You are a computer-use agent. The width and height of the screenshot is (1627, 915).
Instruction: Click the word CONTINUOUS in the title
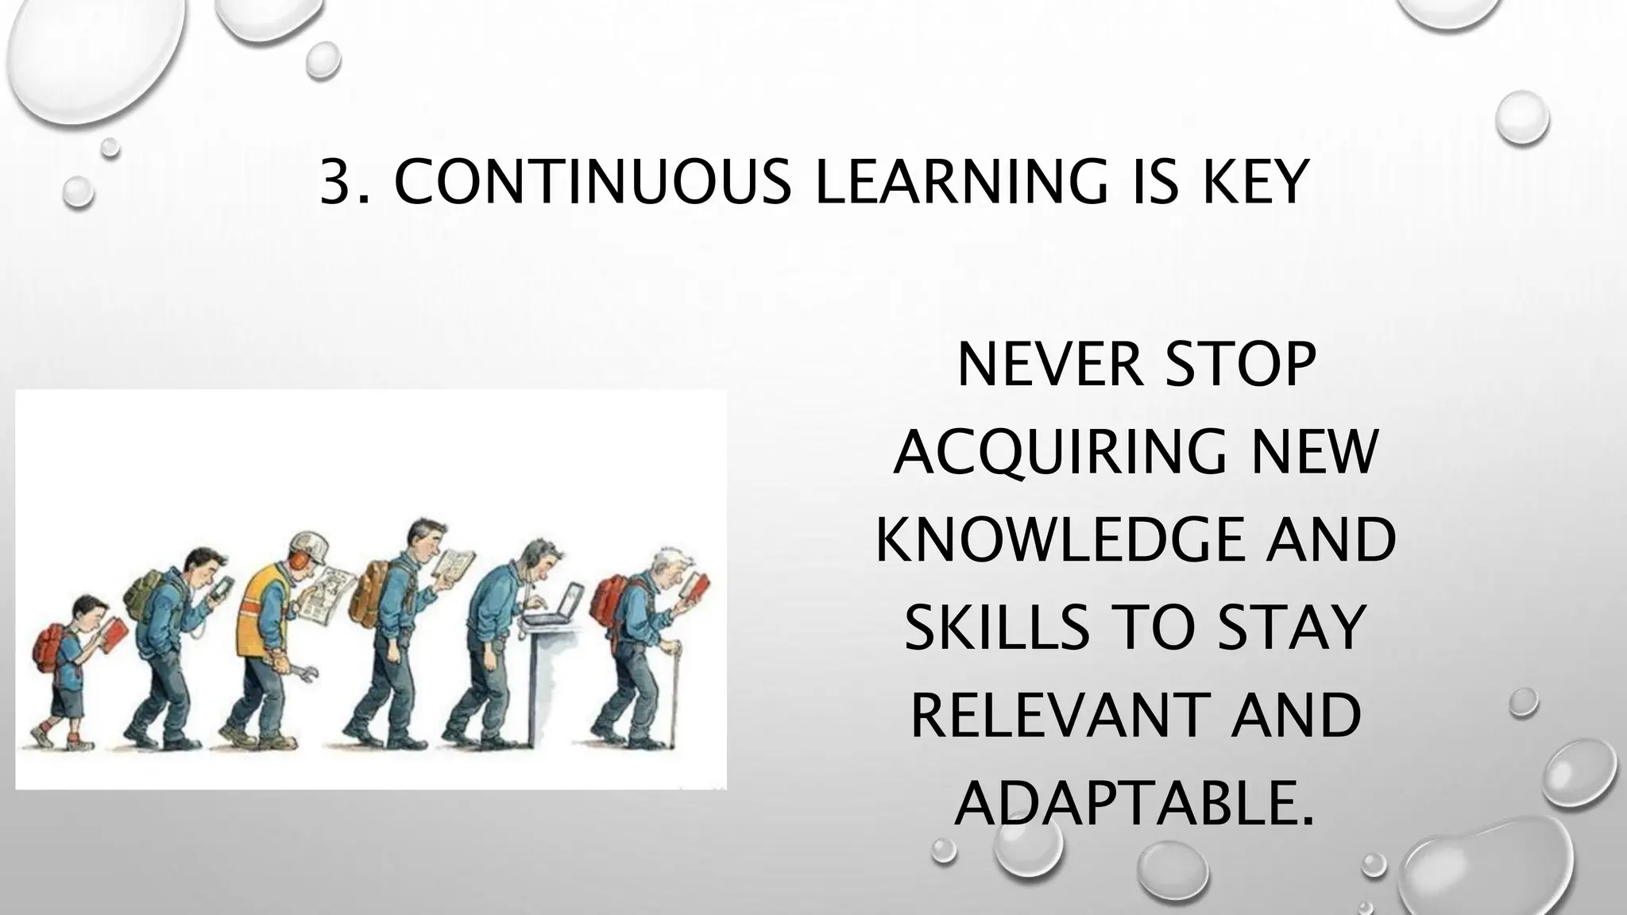pos(593,182)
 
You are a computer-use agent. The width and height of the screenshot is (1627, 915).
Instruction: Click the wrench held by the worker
pos(305,674)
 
